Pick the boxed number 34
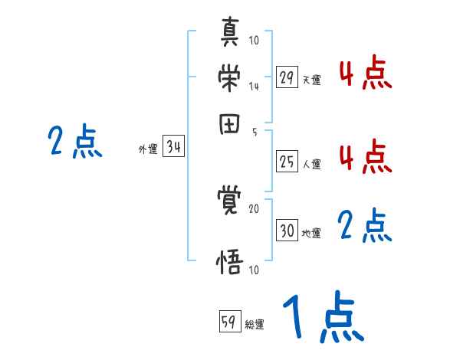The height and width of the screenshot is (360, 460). (173, 148)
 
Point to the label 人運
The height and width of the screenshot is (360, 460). (312, 164)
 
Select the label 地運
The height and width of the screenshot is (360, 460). (312, 233)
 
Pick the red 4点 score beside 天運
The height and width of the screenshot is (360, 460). (365, 74)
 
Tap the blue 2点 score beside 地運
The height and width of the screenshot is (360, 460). (365, 226)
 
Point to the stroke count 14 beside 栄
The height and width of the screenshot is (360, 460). (254, 87)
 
